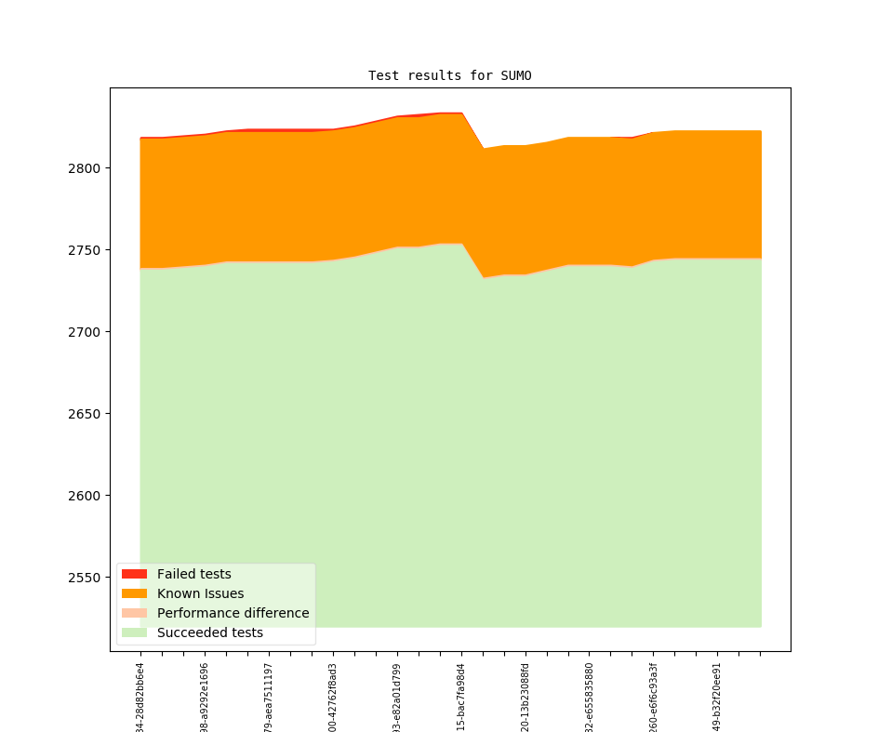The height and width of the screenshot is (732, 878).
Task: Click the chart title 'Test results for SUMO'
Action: tap(449, 75)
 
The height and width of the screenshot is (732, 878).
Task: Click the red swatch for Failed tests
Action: tap(134, 574)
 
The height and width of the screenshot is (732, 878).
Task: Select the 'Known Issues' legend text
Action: tap(200, 593)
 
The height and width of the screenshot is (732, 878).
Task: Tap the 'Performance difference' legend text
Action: tap(233, 613)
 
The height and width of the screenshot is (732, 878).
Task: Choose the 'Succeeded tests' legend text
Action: tap(209, 632)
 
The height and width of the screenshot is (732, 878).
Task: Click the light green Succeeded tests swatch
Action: tap(134, 632)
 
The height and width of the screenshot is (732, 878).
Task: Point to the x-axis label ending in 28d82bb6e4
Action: tap(140, 698)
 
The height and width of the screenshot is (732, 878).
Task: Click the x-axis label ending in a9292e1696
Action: tap(205, 698)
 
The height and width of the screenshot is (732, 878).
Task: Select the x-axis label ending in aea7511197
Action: tap(269, 698)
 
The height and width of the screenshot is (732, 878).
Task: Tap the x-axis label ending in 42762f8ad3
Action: tap(333, 698)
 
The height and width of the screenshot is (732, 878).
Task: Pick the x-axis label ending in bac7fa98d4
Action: tap(461, 698)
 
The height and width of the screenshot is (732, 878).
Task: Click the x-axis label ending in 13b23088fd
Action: tap(525, 698)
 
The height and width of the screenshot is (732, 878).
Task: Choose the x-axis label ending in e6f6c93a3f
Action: tap(653, 698)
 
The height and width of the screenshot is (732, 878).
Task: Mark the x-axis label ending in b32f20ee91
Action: tap(717, 698)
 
